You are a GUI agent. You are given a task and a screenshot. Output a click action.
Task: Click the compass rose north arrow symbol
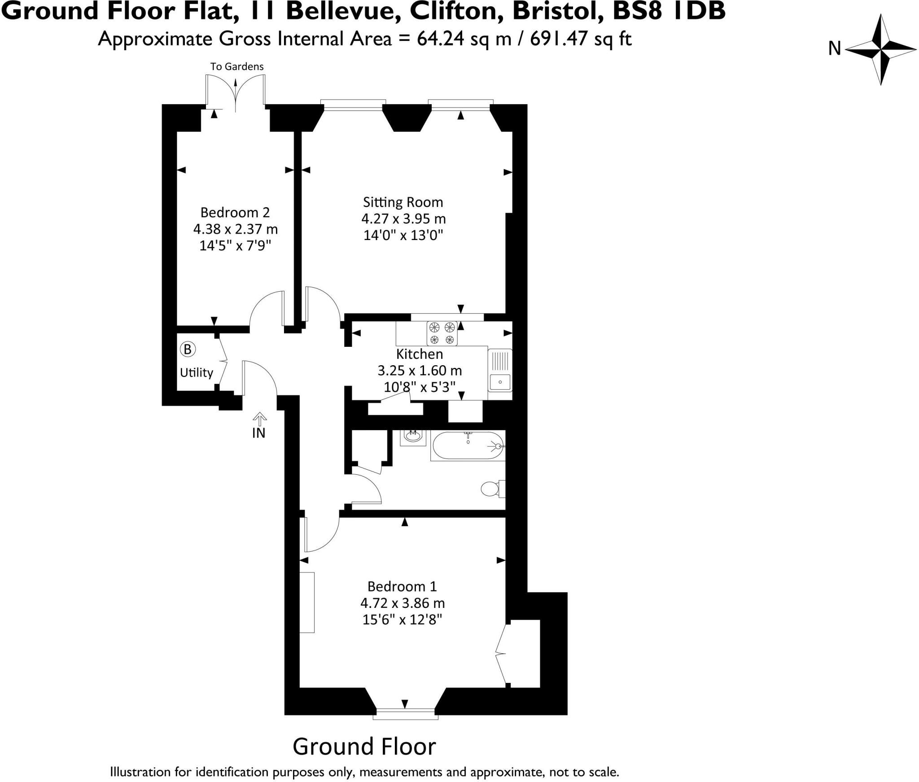click(880, 49)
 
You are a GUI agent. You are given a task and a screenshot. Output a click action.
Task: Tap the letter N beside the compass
click(834, 48)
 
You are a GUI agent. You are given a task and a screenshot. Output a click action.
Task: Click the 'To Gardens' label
click(237, 66)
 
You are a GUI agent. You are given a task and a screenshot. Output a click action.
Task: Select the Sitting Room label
click(403, 202)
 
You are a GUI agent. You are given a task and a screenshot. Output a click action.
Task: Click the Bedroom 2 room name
click(235, 212)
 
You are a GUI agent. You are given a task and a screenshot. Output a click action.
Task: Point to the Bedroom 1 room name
click(402, 586)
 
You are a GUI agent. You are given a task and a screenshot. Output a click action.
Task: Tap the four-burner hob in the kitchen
click(442, 333)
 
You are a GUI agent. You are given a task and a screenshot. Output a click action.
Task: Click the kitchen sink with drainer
click(500, 370)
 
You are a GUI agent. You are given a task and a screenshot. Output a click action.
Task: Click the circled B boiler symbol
click(188, 349)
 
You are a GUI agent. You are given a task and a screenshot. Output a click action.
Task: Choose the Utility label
click(196, 372)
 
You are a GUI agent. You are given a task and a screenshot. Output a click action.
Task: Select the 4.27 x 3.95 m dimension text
click(403, 219)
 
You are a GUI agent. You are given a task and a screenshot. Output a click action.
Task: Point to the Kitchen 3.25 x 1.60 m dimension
click(419, 371)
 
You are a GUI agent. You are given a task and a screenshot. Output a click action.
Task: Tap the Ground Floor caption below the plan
click(364, 747)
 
